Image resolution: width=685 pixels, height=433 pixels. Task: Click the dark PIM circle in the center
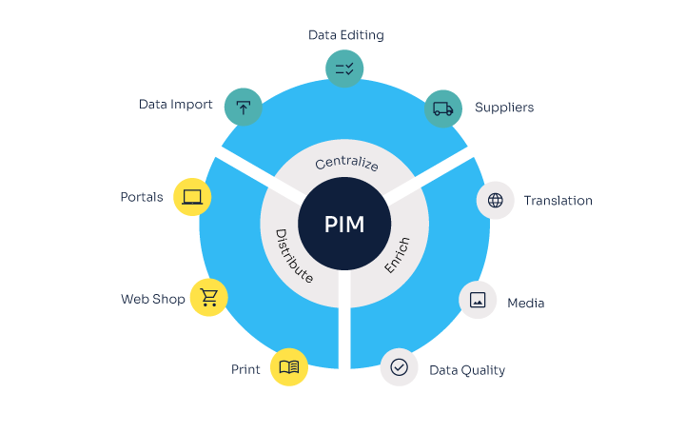click(x=344, y=224)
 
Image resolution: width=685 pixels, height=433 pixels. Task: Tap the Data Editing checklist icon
click(x=344, y=69)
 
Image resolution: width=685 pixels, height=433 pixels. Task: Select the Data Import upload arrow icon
click(x=244, y=107)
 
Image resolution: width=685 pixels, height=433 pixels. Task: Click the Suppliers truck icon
click(x=443, y=108)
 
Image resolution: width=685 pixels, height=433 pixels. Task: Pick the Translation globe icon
click(x=495, y=200)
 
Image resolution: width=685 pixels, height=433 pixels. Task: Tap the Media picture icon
click(x=478, y=300)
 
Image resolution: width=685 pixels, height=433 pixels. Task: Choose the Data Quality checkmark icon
click(x=399, y=367)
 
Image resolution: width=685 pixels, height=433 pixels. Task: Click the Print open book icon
click(x=289, y=367)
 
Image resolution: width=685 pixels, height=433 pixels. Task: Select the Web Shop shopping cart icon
click(x=208, y=297)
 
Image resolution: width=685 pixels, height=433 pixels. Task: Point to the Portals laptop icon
click(x=192, y=197)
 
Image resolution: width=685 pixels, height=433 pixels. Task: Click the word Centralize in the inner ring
click(x=346, y=163)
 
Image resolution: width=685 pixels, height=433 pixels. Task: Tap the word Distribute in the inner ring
click(x=294, y=256)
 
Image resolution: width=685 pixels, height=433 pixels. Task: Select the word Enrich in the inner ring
click(x=397, y=255)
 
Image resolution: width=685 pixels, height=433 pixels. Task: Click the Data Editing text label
click(x=346, y=35)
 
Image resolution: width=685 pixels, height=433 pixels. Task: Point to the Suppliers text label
click(x=504, y=108)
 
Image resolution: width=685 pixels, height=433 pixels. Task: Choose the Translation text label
click(x=558, y=201)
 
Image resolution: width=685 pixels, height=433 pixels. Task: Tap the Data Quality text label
click(x=467, y=370)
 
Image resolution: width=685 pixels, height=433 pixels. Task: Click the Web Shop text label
click(x=153, y=299)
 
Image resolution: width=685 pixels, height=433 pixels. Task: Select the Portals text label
click(x=142, y=197)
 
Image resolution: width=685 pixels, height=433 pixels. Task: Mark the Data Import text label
click(x=176, y=105)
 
